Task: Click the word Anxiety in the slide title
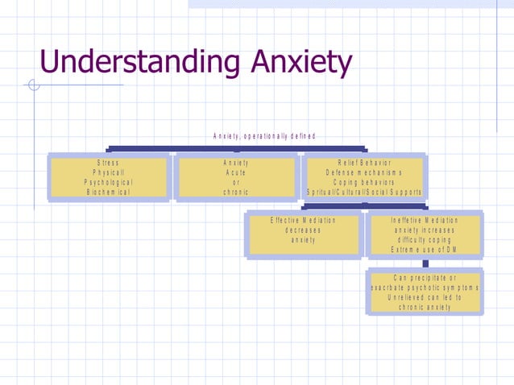pos(301,62)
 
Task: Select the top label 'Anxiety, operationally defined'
pos(263,135)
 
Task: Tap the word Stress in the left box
pos(108,163)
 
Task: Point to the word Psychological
pos(108,182)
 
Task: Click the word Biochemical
pos(108,192)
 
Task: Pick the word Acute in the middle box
pos(235,172)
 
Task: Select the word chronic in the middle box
pos(235,192)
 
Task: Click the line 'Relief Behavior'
pos(364,163)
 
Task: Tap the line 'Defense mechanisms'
pos(364,172)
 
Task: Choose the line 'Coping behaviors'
pos(364,182)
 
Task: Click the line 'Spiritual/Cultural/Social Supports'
pos(364,192)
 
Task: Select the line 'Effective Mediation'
pos(304,220)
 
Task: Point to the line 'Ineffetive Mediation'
pos(425,220)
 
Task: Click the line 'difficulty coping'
pos(425,239)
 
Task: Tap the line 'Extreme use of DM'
pos(425,249)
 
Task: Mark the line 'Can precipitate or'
pos(425,278)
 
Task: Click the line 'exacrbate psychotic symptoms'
pos(425,288)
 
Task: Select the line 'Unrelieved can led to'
pos(425,297)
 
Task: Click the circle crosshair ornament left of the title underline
pos(34,85)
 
